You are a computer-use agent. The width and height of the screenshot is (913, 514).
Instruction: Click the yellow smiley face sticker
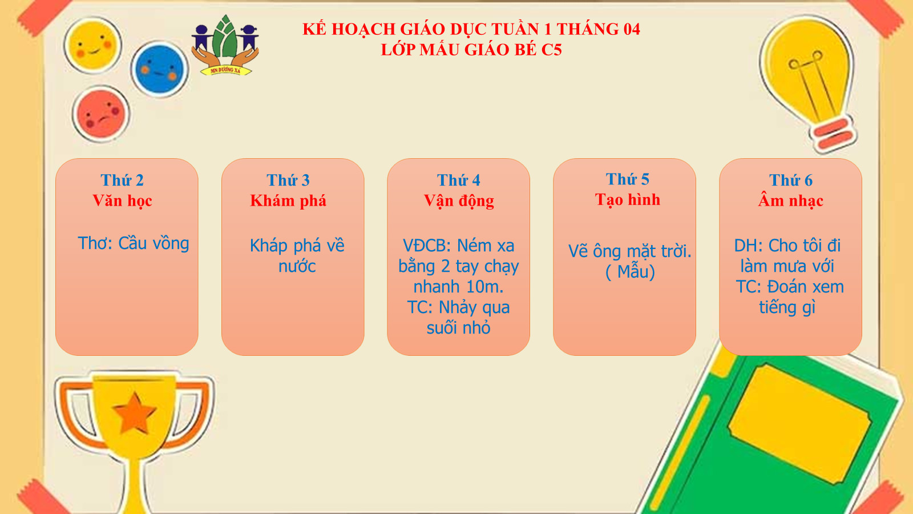coord(92,45)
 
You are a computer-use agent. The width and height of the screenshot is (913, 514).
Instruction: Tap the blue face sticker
coord(159,69)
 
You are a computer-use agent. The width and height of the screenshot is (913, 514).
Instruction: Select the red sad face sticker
coord(100,114)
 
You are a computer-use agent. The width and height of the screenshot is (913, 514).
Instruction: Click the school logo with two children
coord(225,45)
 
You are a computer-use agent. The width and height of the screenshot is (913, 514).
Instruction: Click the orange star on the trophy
coord(134,413)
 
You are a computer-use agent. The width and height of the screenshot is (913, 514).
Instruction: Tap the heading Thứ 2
coord(122,180)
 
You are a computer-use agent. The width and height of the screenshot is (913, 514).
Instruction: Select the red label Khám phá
coord(288,200)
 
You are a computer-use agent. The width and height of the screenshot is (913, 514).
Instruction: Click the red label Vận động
coord(459,201)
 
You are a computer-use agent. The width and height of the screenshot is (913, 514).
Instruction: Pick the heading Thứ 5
coord(627,179)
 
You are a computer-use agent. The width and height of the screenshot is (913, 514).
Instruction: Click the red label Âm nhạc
coord(790,200)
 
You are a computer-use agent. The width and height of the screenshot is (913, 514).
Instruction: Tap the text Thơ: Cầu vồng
coord(134,243)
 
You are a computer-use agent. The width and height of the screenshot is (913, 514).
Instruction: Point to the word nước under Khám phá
coord(297,266)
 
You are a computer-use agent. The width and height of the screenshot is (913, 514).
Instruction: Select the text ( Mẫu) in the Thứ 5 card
coord(630,272)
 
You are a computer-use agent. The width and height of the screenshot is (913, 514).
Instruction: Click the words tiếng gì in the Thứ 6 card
coord(787,307)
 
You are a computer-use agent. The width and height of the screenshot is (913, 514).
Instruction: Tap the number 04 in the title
coord(631,29)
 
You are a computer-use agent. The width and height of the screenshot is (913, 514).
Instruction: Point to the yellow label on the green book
coord(799,424)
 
